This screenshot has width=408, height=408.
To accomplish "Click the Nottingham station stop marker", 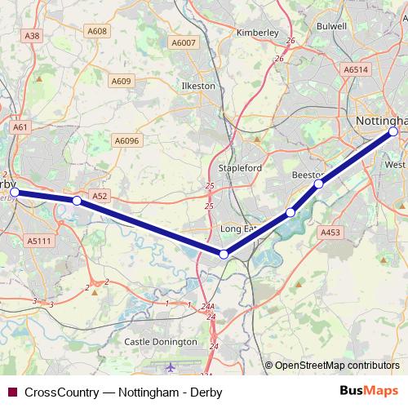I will (x=393, y=131).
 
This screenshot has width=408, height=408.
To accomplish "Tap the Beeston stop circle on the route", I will (x=318, y=184).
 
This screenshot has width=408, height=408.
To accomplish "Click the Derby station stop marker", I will (x=14, y=193).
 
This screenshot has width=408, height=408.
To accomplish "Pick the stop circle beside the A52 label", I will (x=76, y=200).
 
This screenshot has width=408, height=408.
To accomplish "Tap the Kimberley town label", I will (x=257, y=33).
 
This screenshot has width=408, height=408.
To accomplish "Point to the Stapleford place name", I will (x=240, y=168).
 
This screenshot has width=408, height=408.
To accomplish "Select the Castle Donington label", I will (x=161, y=342).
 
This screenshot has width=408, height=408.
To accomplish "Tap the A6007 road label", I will (x=184, y=42).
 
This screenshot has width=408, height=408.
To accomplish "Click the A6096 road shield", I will (x=127, y=140).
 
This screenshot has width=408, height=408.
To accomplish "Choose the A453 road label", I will (x=330, y=233).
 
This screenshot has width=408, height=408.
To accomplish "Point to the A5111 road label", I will (x=38, y=241).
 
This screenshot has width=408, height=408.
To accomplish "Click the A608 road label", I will (x=97, y=31).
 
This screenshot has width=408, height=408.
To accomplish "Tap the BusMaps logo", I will (x=368, y=391).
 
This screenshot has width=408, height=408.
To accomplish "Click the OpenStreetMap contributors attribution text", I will (x=336, y=366).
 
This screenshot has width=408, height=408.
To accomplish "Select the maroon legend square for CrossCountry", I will (x=11, y=392).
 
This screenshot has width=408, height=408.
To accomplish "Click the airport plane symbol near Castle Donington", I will (x=170, y=368).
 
